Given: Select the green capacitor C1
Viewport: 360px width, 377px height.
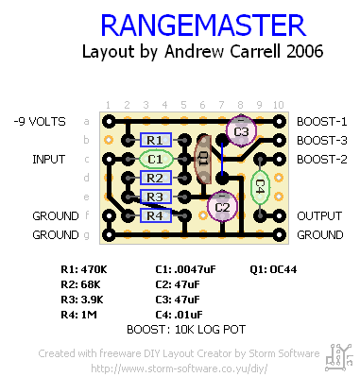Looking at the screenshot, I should (x=156, y=159).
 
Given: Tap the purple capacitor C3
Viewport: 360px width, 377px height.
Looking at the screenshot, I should (x=242, y=130).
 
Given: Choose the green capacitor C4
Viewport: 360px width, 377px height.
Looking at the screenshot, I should (x=260, y=186).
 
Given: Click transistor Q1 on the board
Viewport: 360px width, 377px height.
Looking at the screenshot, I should (x=202, y=161).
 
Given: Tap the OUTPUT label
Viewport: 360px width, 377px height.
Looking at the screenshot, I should (x=319, y=215).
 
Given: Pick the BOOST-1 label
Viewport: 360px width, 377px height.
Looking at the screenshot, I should (x=321, y=122).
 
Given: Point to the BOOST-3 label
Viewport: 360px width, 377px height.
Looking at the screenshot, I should (x=321, y=140).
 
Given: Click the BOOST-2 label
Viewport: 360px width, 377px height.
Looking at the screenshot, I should (x=321, y=159).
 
